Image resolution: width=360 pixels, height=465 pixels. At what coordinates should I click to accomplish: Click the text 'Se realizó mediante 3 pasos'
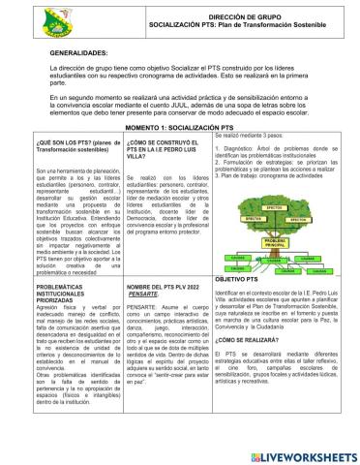point(255,138)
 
